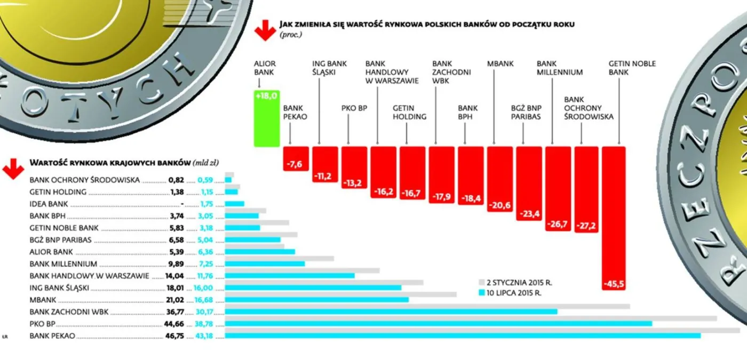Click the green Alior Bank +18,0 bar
pos(266,118)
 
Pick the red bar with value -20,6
pos(499,179)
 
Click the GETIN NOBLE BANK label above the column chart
pos(632,68)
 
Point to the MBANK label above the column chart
pos(500,63)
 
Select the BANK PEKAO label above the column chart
pos(295,113)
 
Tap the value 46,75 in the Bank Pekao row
pos(173,336)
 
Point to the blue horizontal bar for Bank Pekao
pos(463,335)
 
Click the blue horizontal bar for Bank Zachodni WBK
pos(391,311)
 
